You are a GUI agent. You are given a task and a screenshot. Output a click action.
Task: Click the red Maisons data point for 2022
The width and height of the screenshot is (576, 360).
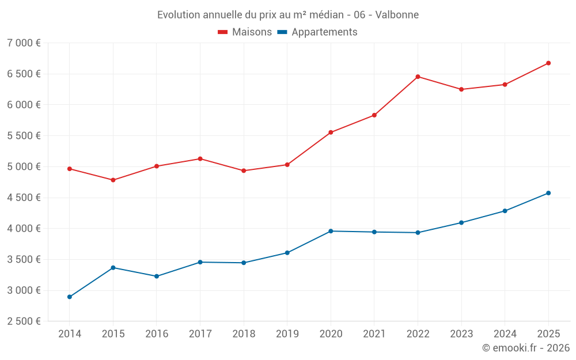coord(418,77)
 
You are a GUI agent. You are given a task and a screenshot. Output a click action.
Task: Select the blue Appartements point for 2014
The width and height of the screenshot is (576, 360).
coord(70,297)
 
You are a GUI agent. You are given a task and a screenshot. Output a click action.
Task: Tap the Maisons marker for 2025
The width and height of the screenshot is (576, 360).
coord(548,63)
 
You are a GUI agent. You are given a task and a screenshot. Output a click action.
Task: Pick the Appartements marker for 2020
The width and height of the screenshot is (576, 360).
coord(331,231)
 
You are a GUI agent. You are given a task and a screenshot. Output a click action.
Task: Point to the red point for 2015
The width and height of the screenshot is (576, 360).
coord(113,180)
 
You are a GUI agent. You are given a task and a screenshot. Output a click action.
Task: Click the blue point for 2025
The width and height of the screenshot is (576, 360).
coord(548,193)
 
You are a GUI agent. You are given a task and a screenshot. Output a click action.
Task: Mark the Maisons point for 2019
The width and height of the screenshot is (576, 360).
coord(287,165)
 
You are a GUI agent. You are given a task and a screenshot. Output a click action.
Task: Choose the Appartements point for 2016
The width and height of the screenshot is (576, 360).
coord(157,276)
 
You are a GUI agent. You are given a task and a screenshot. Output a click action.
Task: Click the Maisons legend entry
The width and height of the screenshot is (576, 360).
coord(245,32)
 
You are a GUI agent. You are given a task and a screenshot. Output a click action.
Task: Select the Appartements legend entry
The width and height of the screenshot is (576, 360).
coord(317,32)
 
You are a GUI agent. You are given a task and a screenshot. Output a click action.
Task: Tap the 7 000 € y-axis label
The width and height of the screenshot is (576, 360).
coord(24,43)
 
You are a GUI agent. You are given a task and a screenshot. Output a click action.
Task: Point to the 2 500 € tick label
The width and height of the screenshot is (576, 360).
coord(24,321)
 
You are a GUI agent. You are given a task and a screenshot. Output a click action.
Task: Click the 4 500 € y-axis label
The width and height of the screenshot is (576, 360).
coord(24,198)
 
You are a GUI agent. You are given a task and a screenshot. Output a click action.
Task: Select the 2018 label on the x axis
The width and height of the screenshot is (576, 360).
coord(244,334)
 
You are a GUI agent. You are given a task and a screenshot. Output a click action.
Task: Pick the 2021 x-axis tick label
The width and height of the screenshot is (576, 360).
coord(374,334)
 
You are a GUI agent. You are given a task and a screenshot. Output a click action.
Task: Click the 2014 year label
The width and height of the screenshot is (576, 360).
coord(70,334)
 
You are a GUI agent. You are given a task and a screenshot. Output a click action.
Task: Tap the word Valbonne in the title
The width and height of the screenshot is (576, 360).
coord(397,15)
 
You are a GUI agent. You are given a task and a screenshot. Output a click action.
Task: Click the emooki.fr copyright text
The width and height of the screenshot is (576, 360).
coord(526,347)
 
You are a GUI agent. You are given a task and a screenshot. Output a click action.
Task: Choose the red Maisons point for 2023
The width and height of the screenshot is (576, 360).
coord(461,90)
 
